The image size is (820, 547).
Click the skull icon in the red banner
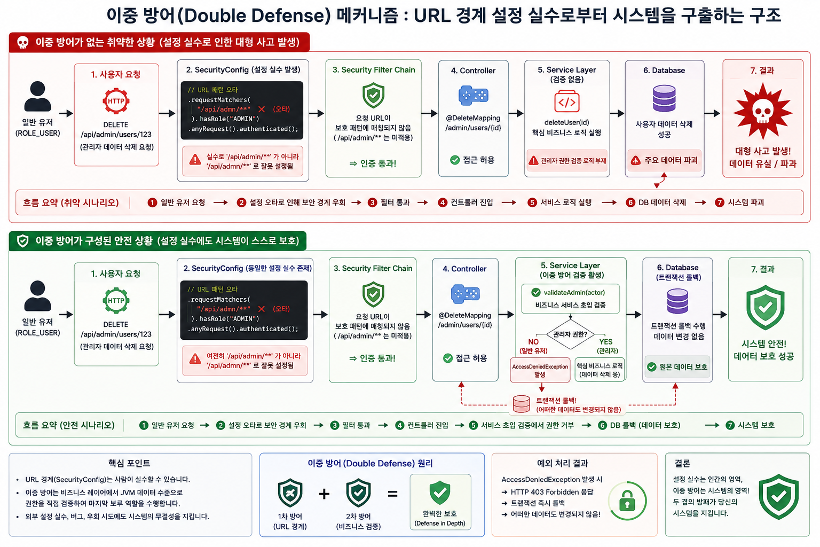[x=23, y=43]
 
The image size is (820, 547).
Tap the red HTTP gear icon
[x=116, y=101]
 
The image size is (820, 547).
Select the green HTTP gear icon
[x=116, y=300]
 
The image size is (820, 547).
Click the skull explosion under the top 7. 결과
[x=762, y=111]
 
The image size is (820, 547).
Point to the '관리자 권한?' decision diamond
[x=570, y=334]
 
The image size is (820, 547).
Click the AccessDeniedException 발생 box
[x=540, y=370]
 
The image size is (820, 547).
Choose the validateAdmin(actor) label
[x=574, y=292]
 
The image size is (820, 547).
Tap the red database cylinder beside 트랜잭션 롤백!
[x=521, y=404]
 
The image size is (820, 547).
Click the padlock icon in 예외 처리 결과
[x=627, y=501]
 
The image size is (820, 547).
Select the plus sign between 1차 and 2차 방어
[x=324, y=494]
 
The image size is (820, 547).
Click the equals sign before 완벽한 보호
[x=392, y=494]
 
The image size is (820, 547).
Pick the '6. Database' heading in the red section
[x=664, y=71]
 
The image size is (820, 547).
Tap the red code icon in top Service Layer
[x=566, y=101]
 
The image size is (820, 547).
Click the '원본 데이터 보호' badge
[x=677, y=367]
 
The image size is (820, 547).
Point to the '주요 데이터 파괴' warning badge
[x=665, y=160]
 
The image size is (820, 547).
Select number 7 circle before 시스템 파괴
[x=719, y=202]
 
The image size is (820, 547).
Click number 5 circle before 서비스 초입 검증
[x=474, y=425]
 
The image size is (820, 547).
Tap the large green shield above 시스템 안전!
[x=765, y=307]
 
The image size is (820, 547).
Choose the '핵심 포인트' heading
[x=129, y=463]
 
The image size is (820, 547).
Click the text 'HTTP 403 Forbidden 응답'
[x=551, y=491]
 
